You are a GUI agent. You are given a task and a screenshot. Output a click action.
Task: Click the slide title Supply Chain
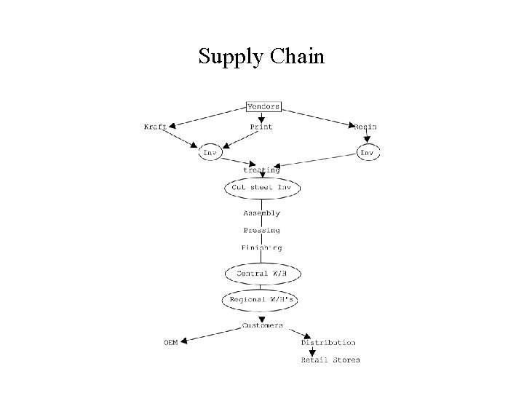(x=261, y=56)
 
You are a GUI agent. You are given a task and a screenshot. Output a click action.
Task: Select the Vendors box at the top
(x=263, y=106)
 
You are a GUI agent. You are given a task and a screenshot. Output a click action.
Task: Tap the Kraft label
(x=154, y=127)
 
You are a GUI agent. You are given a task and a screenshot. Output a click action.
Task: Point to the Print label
(x=261, y=127)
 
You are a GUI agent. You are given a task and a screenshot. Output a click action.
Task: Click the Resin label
(x=365, y=127)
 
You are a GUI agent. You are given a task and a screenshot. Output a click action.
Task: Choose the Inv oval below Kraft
(x=210, y=153)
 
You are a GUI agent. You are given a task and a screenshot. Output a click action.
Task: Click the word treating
(x=261, y=170)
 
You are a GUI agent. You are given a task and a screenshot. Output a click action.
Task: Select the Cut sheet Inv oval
(x=261, y=187)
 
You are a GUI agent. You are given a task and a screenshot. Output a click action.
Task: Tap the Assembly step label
(x=261, y=213)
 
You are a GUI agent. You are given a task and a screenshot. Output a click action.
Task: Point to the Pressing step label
(x=261, y=231)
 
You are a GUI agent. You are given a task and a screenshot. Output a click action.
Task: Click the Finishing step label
(x=261, y=247)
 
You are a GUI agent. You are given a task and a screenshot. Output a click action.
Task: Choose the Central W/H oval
(x=261, y=274)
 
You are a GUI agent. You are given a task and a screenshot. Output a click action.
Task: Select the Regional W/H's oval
(x=261, y=299)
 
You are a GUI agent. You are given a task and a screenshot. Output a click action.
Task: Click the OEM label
(x=170, y=342)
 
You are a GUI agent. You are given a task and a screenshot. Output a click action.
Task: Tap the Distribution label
(x=328, y=342)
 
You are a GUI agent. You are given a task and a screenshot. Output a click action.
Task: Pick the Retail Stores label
(x=330, y=360)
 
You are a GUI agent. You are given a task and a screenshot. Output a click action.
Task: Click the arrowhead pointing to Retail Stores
(x=311, y=352)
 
